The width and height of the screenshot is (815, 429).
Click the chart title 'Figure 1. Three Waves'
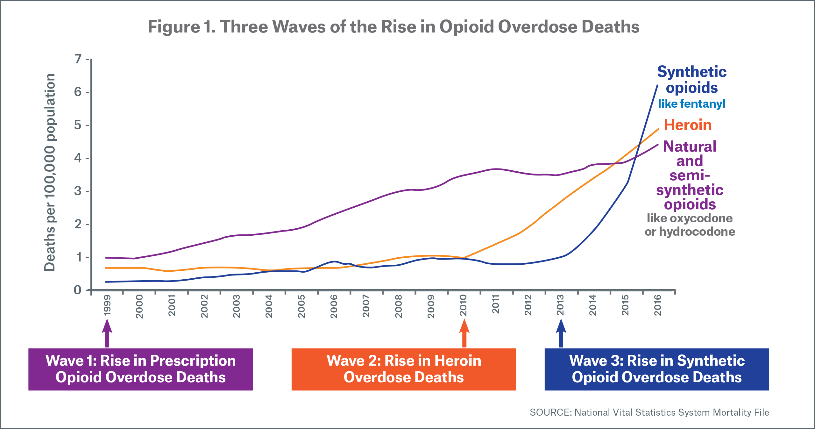(393, 27)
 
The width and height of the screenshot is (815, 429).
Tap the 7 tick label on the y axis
(78, 59)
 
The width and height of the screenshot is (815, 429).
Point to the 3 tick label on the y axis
(78, 191)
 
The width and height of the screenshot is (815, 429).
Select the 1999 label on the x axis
(107, 305)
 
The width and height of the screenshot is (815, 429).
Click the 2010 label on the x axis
(464, 305)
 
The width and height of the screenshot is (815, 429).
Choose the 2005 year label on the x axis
(301, 306)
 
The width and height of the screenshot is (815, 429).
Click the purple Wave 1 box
(140, 369)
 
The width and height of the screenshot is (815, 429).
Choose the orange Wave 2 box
(404, 369)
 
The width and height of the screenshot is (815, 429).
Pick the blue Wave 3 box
(657, 369)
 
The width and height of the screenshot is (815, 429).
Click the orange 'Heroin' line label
(688, 125)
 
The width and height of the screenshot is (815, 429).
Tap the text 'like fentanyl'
(691, 104)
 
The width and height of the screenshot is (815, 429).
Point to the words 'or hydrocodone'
(690, 232)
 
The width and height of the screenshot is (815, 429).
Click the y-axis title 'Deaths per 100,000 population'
(50, 172)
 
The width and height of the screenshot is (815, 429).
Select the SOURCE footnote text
(649, 412)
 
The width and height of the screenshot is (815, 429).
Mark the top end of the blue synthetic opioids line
(657, 85)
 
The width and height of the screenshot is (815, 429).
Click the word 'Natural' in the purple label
(690, 147)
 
